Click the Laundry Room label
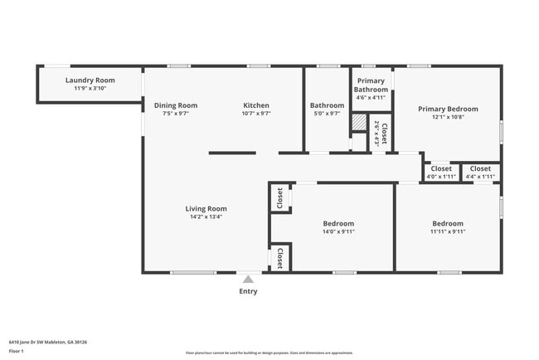click(90, 80)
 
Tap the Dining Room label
click(176, 105)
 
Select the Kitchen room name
click(256, 105)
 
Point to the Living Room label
click(206, 209)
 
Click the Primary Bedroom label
click(448, 109)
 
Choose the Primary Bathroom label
click(371, 85)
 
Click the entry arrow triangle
click(248, 280)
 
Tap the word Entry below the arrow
click(248, 291)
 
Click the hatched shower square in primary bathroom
click(358, 122)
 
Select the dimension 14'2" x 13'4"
click(206, 217)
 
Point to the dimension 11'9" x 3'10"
click(90, 88)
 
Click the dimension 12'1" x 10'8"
click(448, 117)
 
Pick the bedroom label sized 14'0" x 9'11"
click(338, 224)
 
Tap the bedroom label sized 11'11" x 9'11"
click(448, 224)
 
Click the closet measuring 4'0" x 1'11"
click(441, 168)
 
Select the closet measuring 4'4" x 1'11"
click(480, 168)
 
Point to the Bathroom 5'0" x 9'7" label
click(327, 105)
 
